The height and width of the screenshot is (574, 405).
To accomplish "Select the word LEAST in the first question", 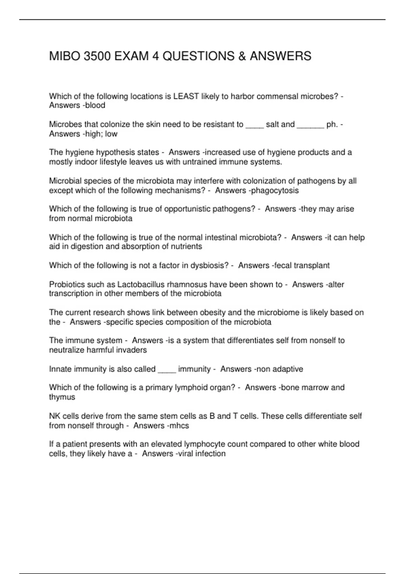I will (186, 97).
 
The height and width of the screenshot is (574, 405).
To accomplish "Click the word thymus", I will (62, 397).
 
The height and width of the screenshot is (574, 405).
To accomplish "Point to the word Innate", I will (60, 369).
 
